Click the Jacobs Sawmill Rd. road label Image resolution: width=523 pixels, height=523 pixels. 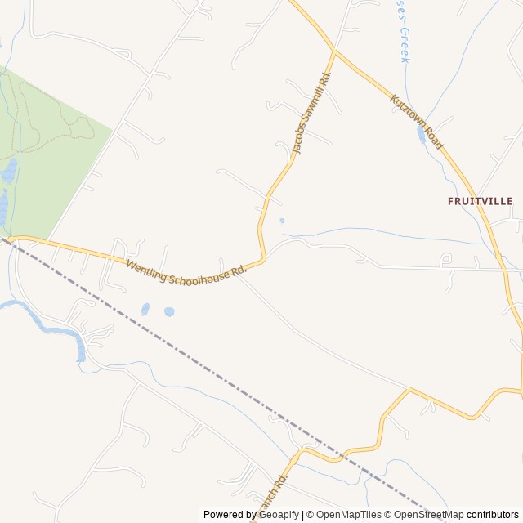point(311,114)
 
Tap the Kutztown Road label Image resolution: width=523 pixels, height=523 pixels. point(416,123)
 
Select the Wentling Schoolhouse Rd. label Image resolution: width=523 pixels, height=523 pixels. point(186,272)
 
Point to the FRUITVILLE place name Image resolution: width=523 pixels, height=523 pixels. point(480,200)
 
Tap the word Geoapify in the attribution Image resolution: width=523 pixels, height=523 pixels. point(278,515)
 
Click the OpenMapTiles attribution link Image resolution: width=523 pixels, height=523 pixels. point(349,515)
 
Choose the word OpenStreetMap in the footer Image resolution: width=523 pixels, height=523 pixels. point(428,515)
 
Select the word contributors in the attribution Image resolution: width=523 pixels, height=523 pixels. point(493,515)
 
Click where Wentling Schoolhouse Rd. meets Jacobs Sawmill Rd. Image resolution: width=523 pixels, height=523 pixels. point(262,260)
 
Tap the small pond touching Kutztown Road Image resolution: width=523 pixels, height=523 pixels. point(422,133)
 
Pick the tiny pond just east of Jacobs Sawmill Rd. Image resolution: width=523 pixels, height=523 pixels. point(282,221)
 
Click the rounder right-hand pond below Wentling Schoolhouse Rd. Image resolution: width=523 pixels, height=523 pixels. point(169,311)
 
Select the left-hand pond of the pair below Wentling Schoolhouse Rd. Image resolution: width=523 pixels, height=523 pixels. point(145,310)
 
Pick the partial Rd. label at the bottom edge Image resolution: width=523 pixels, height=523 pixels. point(273,494)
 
